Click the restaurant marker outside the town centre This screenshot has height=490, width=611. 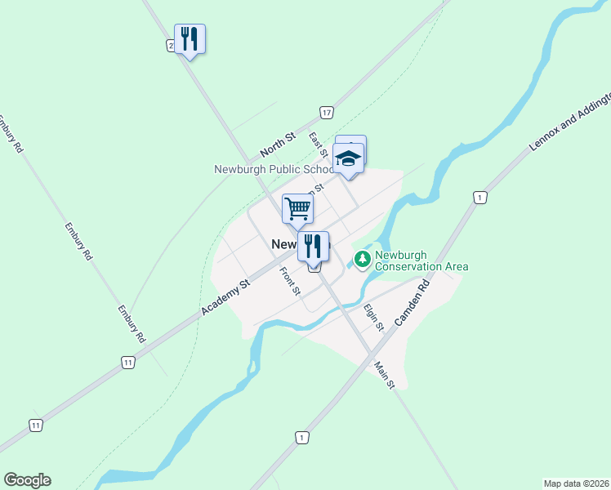tap(190, 39)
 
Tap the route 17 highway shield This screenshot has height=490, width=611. tap(326, 112)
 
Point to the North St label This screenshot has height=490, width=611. tap(276, 147)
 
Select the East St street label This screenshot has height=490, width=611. tap(319, 144)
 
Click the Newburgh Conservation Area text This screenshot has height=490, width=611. tap(421, 261)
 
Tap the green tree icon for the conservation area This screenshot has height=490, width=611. tap(362, 260)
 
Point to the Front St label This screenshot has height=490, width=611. tap(290, 281)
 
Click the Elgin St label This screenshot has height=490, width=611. tap(373, 316)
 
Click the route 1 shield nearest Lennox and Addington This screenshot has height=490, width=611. tap(479, 197)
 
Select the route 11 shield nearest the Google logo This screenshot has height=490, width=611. tap(35, 425)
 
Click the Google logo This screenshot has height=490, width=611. tap(27, 480)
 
